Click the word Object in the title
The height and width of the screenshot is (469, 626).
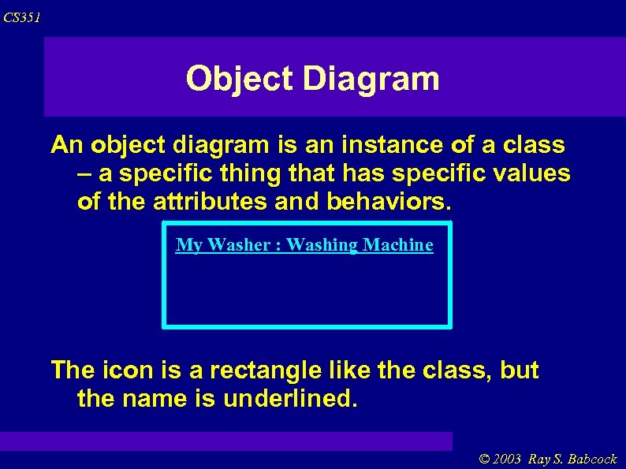click(239, 79)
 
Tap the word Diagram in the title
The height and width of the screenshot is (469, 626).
click(371, 79)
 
